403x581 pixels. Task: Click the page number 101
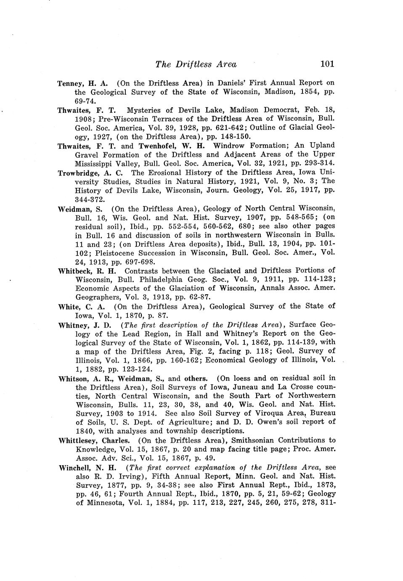(327, 64)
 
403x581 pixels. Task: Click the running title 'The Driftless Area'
(196, 64)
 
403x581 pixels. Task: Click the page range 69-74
(85, 101)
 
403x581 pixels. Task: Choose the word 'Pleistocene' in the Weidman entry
(120, 253)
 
